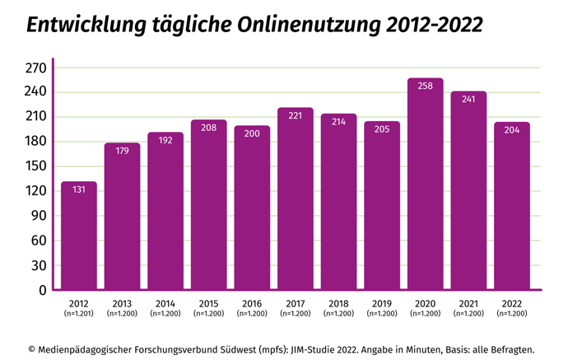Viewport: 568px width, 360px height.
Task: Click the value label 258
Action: pyautogui.click(x=425, y=86)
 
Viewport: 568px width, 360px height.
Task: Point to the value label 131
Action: pyautogui.click(x=79, y=190)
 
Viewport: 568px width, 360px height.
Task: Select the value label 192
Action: pyautogui.click(x=165, y=141)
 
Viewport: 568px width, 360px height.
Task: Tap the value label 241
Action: pyautogui.click(x=468, y=100)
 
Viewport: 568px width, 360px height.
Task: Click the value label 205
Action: pyautogui.click(x=382, y=129)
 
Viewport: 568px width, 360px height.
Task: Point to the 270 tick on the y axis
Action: pyautogui.click(x=35, y=68)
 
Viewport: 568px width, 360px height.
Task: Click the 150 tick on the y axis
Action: pyautogui.click(x=35, y=166)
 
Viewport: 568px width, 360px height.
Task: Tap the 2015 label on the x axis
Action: pyautogui.click(x=208, y=303)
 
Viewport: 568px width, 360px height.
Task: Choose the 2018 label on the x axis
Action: pyautogui.click(x=338, y=303)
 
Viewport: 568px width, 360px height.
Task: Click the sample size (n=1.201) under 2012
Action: pyautogui.click(x=79, y=314)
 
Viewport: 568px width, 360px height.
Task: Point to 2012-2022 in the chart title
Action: pyautogui.click(x=432, y=26)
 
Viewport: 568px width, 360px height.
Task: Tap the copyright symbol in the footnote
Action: pyautogui.click(x=33, y=348)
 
